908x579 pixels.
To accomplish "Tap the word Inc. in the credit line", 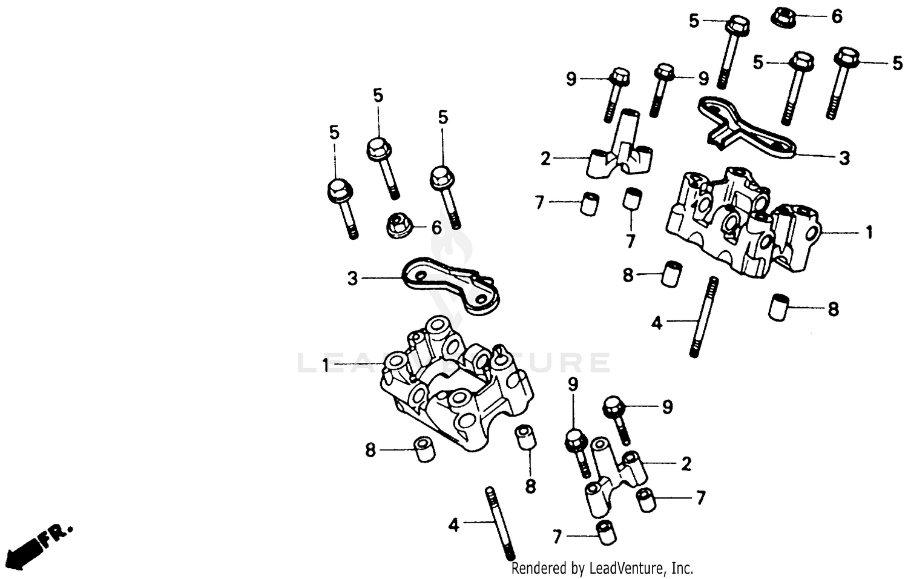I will [682, 569].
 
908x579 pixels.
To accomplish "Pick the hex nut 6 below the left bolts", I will [400, 227].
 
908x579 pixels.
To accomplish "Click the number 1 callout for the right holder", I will [869, 232].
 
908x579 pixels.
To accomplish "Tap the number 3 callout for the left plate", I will [352, 279].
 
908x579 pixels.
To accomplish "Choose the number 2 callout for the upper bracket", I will [545, 159].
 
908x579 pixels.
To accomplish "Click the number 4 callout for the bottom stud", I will [454, 524].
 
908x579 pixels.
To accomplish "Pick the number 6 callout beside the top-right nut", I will [837, 17].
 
